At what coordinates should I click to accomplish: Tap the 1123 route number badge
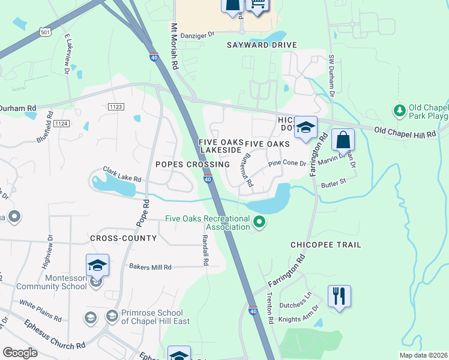click(x=116, y=106)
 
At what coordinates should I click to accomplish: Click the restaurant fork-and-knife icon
click(x=339, y=296)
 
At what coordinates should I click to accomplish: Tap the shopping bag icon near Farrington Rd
click(x=342, y=140)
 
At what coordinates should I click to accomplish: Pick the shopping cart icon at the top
click(x=257, y=5)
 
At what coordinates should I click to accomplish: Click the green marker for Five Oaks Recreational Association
click(x=259, y=223)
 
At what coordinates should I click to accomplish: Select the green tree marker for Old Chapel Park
click(x=399, y=110)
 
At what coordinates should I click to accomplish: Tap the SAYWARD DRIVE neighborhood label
click(x=262, y=45)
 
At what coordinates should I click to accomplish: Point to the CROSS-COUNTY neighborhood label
click(x=123, y=238)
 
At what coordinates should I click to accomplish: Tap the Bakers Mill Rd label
click(x=151, y=267)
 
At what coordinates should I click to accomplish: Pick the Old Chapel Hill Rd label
click(x=405, y=133)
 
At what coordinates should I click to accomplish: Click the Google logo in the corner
click(x=20, y=353)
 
